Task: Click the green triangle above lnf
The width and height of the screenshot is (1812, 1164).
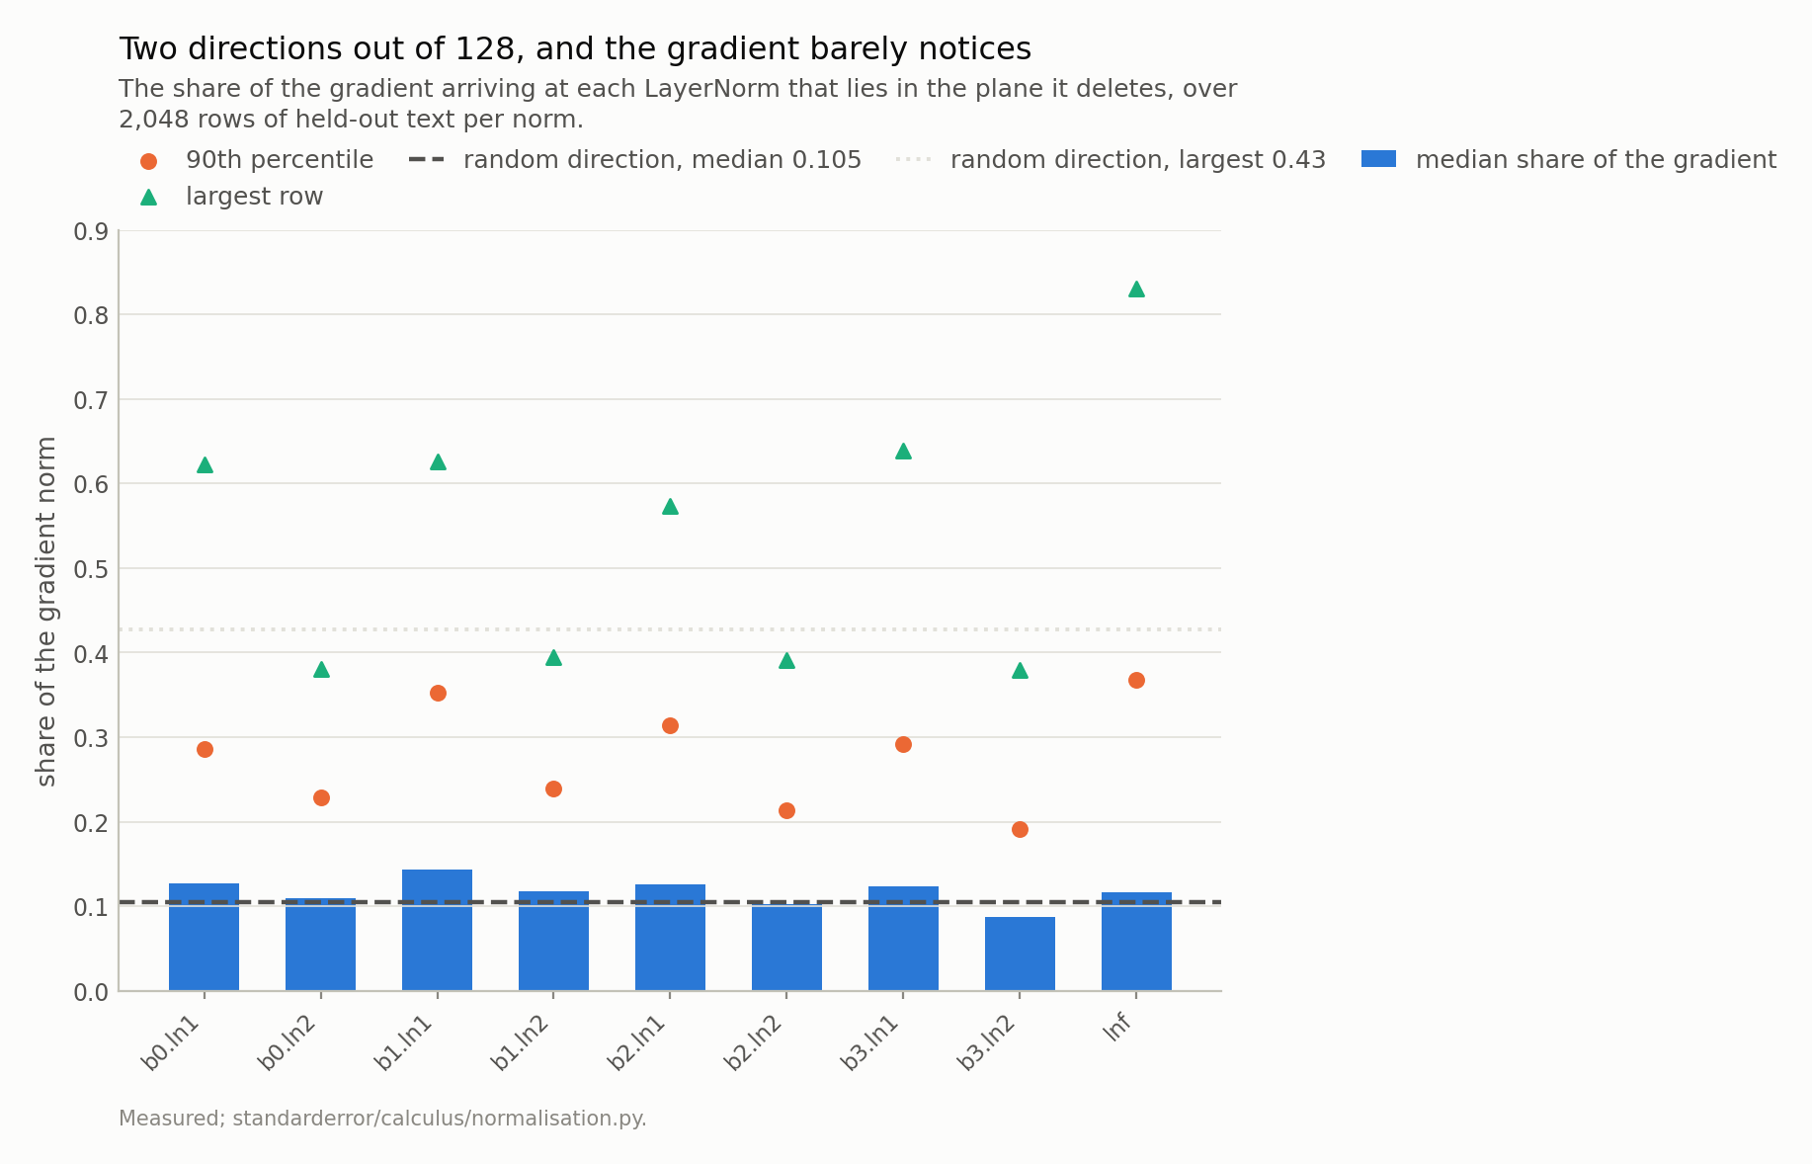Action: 1136,289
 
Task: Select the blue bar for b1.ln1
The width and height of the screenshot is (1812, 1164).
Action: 437,930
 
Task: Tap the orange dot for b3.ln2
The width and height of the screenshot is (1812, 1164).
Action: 1020,829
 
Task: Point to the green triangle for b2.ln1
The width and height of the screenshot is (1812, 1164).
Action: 670,506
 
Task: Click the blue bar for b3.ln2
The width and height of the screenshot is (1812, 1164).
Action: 1020,954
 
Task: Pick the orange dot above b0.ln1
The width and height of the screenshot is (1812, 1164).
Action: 205,749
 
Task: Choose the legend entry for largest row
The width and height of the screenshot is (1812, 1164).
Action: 232,197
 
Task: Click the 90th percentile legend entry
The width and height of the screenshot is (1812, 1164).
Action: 256,160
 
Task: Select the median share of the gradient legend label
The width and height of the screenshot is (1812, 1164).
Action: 1596,160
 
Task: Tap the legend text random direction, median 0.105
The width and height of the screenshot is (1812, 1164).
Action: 662,160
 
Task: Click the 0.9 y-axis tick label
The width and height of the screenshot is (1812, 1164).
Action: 91,231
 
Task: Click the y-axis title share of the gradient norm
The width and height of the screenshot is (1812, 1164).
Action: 45,611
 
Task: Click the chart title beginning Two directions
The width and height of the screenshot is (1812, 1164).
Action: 575,48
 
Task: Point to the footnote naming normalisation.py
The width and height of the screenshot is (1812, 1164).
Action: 382,1119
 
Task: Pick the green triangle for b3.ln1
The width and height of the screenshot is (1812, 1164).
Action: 903,451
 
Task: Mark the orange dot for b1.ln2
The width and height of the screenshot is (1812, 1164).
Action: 553,789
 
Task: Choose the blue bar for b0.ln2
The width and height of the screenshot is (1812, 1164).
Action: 320,945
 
